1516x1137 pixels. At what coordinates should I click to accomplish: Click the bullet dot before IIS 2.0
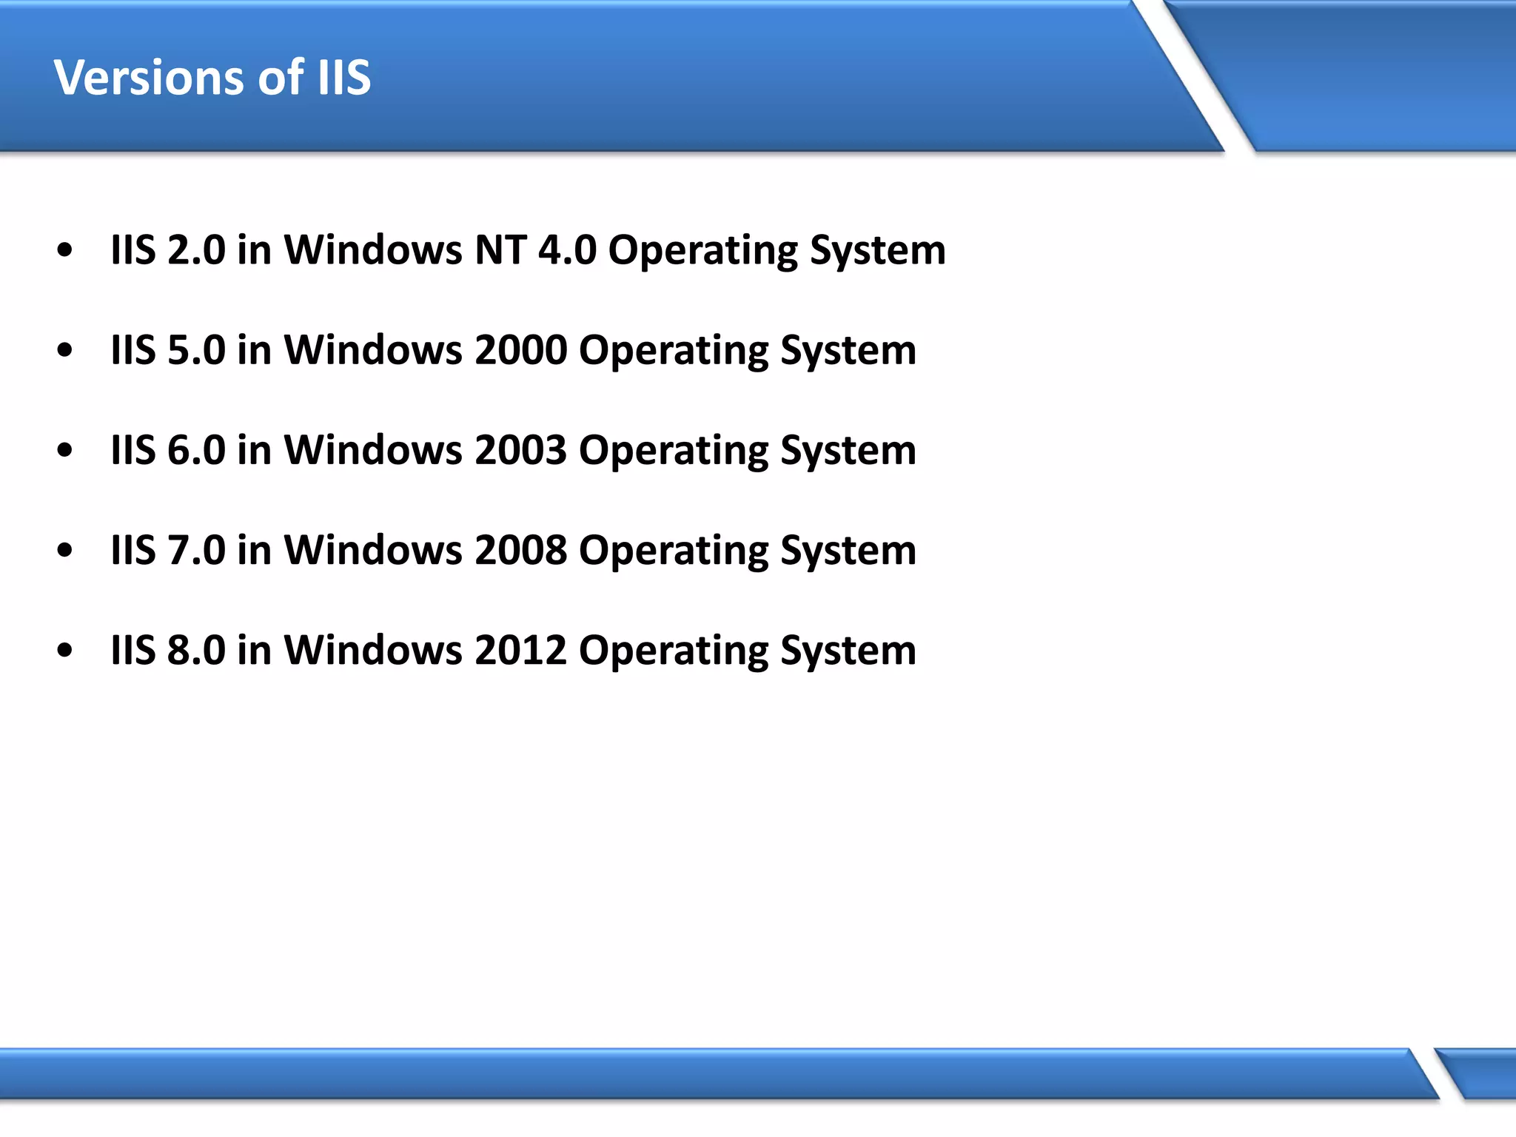pyautogui.click(x=65, y=250)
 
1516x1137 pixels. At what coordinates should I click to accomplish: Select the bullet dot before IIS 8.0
pyautogui.click(x=65, y=650)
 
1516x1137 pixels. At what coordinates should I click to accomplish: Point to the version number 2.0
pyautogui.click(x=196, y=250)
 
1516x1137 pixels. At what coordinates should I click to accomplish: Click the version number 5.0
pyautogui.click(x=196, y=350)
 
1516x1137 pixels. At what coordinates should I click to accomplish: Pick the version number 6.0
pyautogui.click(x=196, y=450)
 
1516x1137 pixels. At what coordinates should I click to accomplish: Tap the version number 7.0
pyautogui.click(x=196, y=550)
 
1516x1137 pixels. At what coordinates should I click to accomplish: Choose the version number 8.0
pyautogui.click(x=196, y=650)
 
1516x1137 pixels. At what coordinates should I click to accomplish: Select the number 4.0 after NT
pyautogui.click(x=567, y=250)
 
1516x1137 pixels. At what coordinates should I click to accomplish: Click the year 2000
pyautogui.click(x=520, y=350)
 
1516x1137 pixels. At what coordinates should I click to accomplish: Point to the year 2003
pyautogui.click(x=520, y=450)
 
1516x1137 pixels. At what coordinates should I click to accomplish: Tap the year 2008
pyautogui.click(x=520, y=550)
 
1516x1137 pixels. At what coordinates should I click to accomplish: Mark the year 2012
pyautogui.click(x=520, y=650)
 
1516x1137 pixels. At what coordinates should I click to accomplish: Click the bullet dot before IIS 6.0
pyautogui.click(x=65, y=450)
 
